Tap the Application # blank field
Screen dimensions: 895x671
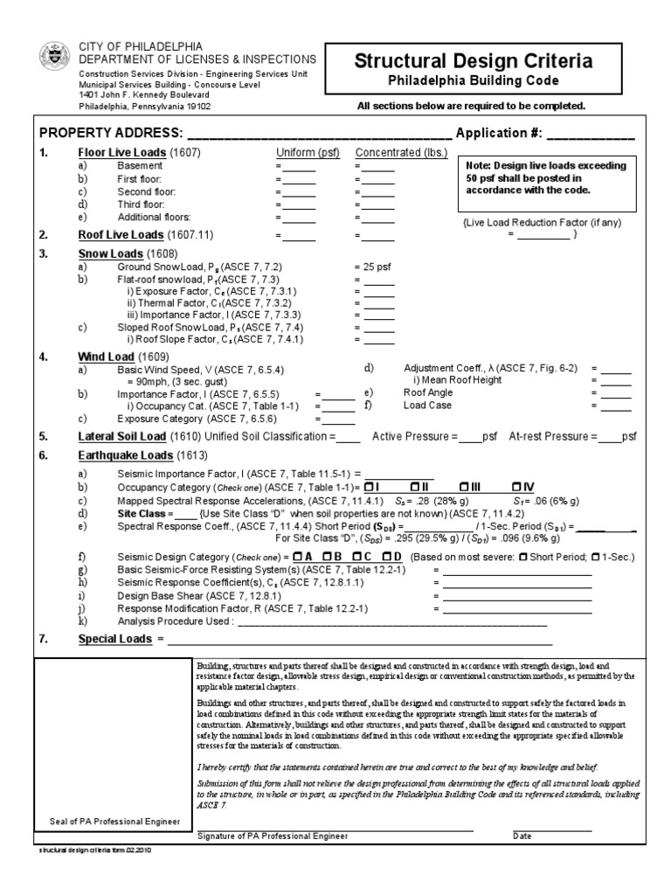point(591,138)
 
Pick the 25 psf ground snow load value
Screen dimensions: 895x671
point(373,267)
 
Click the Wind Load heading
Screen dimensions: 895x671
point(107,357)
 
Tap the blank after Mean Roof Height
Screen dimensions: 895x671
point(615,381)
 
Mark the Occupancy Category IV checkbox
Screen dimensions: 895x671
point(518,486)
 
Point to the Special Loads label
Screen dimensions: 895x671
point(116,640)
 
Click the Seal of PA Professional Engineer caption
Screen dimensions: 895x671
point(114,821)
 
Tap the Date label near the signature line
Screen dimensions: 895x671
point(522,836)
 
